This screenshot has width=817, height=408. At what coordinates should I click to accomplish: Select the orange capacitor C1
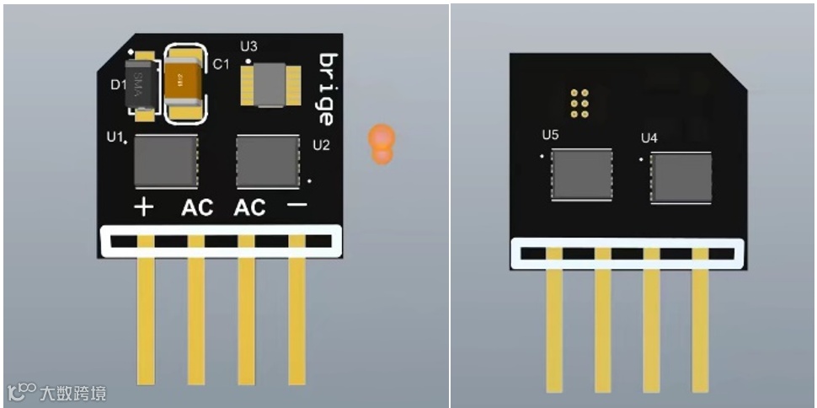tap(184, 83)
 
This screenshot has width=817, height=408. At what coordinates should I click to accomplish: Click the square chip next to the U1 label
tap(166, 162)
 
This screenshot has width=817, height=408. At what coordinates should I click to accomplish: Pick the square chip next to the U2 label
tap(268, 162)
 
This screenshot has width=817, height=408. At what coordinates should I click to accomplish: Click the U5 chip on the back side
tap(581, 174)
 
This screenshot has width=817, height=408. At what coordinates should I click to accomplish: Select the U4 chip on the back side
tap(681, 177)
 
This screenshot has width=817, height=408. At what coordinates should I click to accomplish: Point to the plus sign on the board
tap(144, 207)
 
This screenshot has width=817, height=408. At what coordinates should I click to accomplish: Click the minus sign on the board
tap(296, 206)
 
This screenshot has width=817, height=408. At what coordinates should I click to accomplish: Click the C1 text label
tap(221, 64)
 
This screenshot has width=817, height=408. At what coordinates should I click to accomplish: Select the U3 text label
tap(249, 46)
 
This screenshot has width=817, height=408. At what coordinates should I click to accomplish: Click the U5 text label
tap(550, 134)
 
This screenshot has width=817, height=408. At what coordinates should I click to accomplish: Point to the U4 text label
tap(649, 137)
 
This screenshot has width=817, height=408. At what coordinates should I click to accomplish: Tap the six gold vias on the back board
tap(579, 102)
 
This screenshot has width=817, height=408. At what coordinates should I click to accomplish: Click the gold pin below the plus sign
tap(145, 320)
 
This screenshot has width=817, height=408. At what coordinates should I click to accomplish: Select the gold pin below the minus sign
tap(296, 320)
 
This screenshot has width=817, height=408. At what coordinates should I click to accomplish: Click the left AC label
tap(197, 207)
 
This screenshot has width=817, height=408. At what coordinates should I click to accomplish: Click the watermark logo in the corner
tap(57, 393)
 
